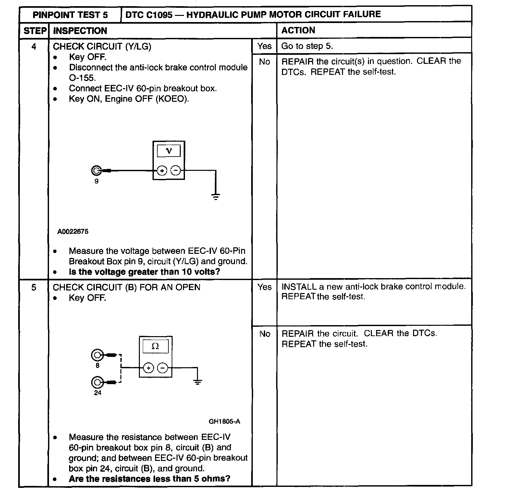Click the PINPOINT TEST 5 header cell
[x=70, y=15]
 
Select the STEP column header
[x=34, y=31]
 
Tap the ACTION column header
[x=298, y=30]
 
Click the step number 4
[x=34, y=47]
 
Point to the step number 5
[x=34, y=288]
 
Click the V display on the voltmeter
[x=169, y=150]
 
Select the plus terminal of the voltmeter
[x=162, y=171]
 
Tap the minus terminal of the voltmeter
[x=176, y=171]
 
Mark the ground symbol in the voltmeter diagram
[x=216, y=196]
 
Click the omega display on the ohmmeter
[x=155, y=347]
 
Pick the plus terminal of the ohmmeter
[x=148, y=368]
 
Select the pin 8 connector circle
[x=97, y=355]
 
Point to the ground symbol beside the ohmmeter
[x=197, y=382]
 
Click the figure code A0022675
[x=73, y=231]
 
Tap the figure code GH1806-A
[x=225, y=421]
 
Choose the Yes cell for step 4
[x=264, y=46]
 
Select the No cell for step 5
[x=265, y=334]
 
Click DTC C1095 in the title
[x=149, y=15]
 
